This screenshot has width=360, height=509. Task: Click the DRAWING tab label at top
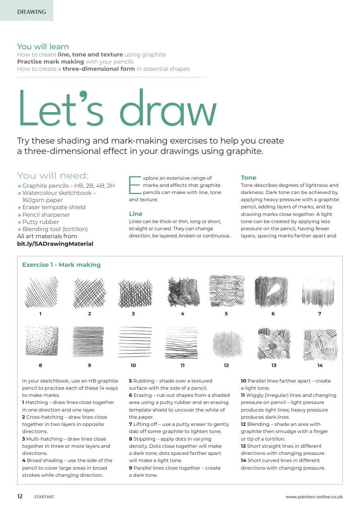[31, 12]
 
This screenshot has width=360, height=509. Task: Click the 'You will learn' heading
[43, 47]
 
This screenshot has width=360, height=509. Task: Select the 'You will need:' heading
[53, 176]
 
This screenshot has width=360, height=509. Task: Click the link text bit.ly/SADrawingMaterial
[55, 244]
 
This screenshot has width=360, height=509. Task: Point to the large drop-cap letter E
[134, 185]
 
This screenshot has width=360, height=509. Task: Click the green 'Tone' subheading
[248, 178]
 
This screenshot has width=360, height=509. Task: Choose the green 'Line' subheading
[136, 214]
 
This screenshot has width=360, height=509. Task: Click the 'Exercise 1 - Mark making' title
[61, 265]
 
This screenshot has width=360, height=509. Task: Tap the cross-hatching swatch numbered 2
[90, 293]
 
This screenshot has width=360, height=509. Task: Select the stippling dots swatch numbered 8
[42, 341]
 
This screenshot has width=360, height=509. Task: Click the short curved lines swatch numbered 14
[320, 344]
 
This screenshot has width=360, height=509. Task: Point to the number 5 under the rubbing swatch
[226, 314]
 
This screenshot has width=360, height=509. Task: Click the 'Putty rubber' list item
[41, 222]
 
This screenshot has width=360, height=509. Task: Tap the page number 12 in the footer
[20, 496]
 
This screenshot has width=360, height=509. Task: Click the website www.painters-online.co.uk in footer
[314, 497]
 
